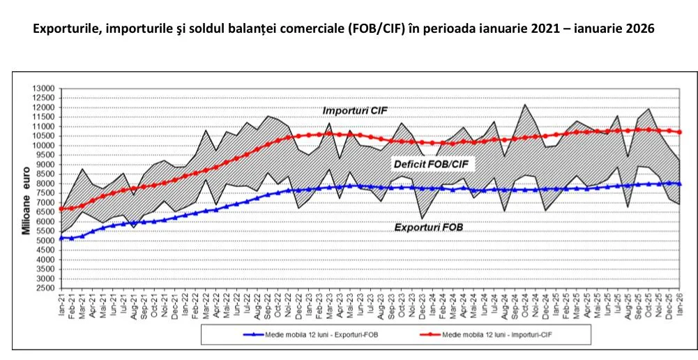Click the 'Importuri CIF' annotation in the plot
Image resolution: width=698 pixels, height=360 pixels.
pos(355,111)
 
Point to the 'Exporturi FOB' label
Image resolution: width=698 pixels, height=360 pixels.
pos(429,227)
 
